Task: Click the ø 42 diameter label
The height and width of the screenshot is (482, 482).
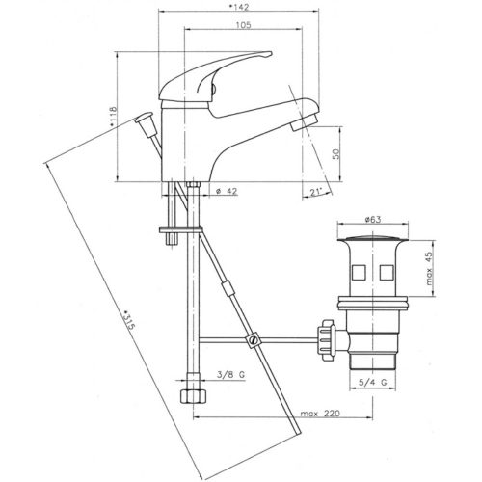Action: [x=227, y=193]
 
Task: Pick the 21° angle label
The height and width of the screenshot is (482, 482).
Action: [x=317, y=193]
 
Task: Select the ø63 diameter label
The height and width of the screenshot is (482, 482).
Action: [x=372, y=220]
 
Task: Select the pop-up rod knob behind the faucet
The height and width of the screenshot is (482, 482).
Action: [x=146, y=122]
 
